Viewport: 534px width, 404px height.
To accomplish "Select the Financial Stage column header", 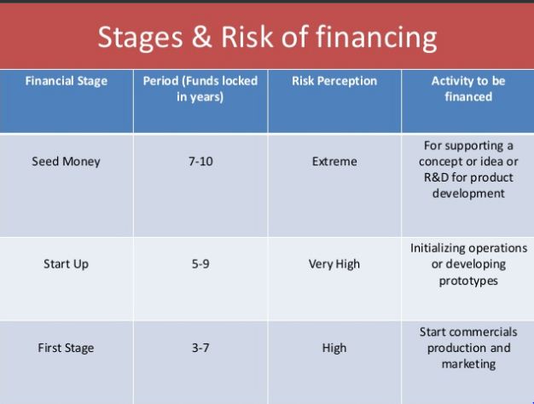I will tap(67, 82).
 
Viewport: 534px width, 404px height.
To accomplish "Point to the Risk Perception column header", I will tap(334, 82).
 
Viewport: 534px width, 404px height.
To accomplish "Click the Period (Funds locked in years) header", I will tap(200, 89).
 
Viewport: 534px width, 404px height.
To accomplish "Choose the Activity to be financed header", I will tap(467, 89).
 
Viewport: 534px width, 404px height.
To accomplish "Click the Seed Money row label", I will tap(67, 161).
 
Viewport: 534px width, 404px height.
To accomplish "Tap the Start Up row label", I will tap(67, 264).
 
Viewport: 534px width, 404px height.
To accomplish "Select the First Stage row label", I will tap(67, 348).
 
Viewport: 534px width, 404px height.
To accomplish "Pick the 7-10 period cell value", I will tap(200, 161).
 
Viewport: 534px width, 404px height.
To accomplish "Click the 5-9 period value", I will tap(200, 264).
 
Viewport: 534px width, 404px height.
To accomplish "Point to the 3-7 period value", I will tap(200, 348).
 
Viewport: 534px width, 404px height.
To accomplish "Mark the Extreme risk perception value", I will tap(334, 161).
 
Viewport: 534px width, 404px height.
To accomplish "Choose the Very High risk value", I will tap(334, 264).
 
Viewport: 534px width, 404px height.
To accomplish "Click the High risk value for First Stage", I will tap(334, 348).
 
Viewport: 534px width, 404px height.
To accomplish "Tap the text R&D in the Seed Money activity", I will tap(435, 177).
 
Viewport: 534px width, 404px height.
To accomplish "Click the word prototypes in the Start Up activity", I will tap(468, 280).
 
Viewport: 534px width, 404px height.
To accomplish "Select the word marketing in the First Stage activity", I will tap(467, 364).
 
